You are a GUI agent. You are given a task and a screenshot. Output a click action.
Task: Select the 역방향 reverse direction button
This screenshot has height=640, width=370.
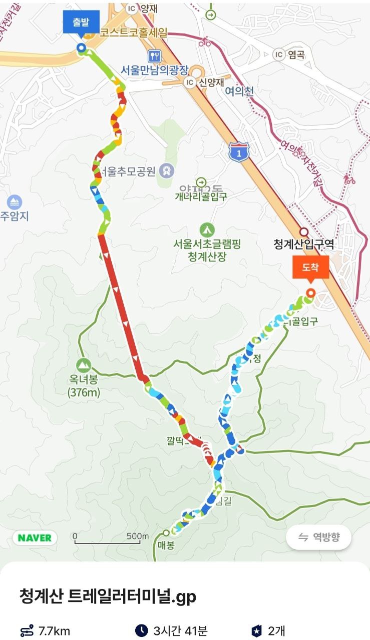coord(318,537)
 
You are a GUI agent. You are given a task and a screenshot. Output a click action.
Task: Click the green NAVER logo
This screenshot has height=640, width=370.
coord(35,538)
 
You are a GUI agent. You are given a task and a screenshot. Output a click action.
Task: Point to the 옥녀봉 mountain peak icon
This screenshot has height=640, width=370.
coord(84,365)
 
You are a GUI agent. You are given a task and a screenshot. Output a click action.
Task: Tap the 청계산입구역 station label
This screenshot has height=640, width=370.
coord(303,244)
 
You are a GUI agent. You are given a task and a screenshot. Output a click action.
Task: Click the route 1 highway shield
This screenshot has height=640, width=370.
coord(239,151)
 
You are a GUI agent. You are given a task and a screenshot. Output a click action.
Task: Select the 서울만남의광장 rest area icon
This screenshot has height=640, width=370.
coord(154,55)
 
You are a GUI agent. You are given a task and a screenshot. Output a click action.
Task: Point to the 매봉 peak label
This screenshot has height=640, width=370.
coord(166,545)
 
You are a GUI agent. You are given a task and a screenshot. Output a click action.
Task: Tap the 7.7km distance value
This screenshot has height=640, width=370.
coord(54,631)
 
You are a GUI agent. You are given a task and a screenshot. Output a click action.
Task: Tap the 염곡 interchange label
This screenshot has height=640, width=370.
coord(296,54)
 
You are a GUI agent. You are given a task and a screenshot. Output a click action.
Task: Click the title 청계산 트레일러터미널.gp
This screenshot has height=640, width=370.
coord(107,596)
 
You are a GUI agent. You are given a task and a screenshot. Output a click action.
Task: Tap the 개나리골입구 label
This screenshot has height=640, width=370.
coord(201,196)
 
